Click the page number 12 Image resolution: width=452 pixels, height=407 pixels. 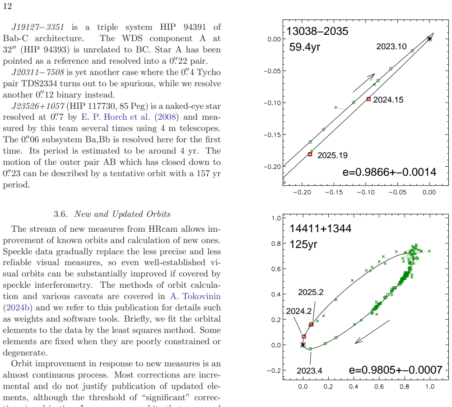tap(8, 6)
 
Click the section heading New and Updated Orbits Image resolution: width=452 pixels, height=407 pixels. tap(122, 214)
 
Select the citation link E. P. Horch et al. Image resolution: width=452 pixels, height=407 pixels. tap(116, 117)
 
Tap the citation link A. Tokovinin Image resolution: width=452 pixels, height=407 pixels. tap(196, 296)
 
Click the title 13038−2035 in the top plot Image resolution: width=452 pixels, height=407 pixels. tap(317, 31)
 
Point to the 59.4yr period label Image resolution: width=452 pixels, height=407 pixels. tap(304, 47)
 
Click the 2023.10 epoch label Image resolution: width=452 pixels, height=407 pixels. tap(391, 47)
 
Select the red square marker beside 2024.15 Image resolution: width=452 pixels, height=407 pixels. tap(368, 99)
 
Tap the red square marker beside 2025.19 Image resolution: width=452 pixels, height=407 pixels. tap(310, 154)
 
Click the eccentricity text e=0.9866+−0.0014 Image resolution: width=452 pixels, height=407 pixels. tap(389, 172)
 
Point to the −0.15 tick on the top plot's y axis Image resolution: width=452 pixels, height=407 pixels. tap(272, 135)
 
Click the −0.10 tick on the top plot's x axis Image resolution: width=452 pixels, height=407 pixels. tap(365, 192)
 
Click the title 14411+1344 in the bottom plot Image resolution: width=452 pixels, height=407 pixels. tap(320, 229)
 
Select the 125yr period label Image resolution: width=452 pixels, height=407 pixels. tap(303, 244)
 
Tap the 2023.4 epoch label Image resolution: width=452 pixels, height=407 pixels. tap(309, 371)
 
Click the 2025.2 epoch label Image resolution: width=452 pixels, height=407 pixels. tap(311, 292)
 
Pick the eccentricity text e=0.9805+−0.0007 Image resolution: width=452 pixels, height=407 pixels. tap(396, 370)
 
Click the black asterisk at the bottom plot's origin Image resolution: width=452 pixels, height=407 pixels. tap(303, 345)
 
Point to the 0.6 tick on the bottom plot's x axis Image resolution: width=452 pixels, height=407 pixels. tap(379, 387)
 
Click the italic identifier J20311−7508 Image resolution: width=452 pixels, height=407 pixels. tap(38, 72)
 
